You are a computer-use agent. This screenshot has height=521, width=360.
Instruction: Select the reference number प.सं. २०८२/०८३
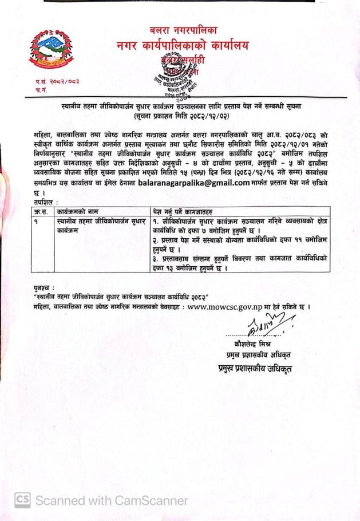(x=56, y=82)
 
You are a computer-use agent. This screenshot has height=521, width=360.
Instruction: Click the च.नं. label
(x=40, y=90)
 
